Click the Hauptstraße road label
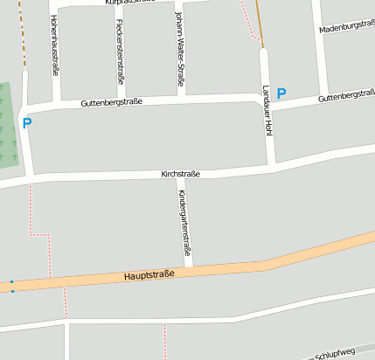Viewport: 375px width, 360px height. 149,274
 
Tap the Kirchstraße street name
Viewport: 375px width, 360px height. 181,174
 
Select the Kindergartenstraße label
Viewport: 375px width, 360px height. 184,223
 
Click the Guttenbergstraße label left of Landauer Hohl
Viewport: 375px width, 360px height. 111,102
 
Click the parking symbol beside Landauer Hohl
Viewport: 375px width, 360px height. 281,93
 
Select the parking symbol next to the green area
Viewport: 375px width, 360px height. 27,124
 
